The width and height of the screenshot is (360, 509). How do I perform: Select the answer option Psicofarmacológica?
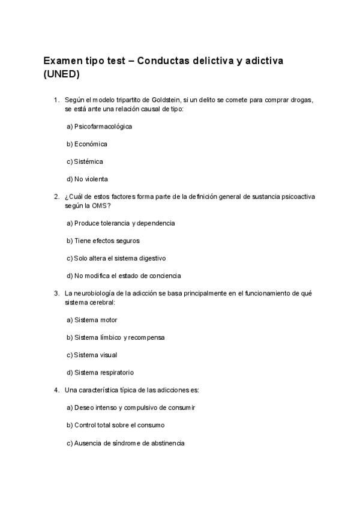[x=99, y=127]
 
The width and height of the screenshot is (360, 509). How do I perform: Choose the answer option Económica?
[x=87, y=144]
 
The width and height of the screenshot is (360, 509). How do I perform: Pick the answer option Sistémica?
[x=85, y=161]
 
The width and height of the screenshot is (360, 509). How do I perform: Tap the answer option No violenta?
[x=87, y=179]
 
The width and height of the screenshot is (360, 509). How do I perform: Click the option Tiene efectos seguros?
[x=103, y=241]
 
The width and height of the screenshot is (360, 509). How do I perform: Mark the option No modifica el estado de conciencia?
[x=124, y=276]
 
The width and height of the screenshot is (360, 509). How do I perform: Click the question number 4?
[x=56, y=390]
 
